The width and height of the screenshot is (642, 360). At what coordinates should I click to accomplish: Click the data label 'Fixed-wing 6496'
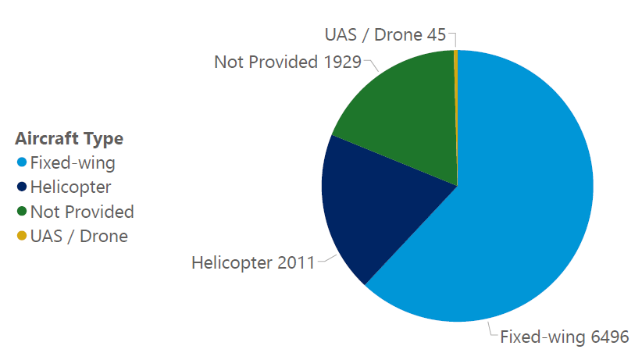tap(564, 337)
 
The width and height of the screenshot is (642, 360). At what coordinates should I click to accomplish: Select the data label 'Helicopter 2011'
tap(252, 262)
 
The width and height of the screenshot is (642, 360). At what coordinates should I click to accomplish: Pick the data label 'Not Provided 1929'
tap(287, 62)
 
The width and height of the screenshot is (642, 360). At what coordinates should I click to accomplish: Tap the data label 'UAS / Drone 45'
tap(385, 35)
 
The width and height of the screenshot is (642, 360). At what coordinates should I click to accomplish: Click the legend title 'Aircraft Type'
tap(69, 139)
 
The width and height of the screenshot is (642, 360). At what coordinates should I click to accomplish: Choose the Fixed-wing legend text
tap(73, 163)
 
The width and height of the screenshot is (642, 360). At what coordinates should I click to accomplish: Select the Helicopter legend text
tap(70, 187)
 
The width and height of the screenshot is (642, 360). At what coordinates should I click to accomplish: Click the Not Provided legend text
tap(82, 212)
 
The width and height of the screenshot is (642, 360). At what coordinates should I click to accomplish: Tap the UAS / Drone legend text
tap(79, 236)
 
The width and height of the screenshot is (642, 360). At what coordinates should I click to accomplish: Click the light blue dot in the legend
tap(22, 163)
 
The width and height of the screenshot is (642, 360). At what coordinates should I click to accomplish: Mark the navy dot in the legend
tap(22, 187)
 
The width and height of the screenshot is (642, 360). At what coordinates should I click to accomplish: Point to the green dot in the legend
tap(22, 212)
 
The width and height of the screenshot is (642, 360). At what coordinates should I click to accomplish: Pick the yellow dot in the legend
tap(22, 236)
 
